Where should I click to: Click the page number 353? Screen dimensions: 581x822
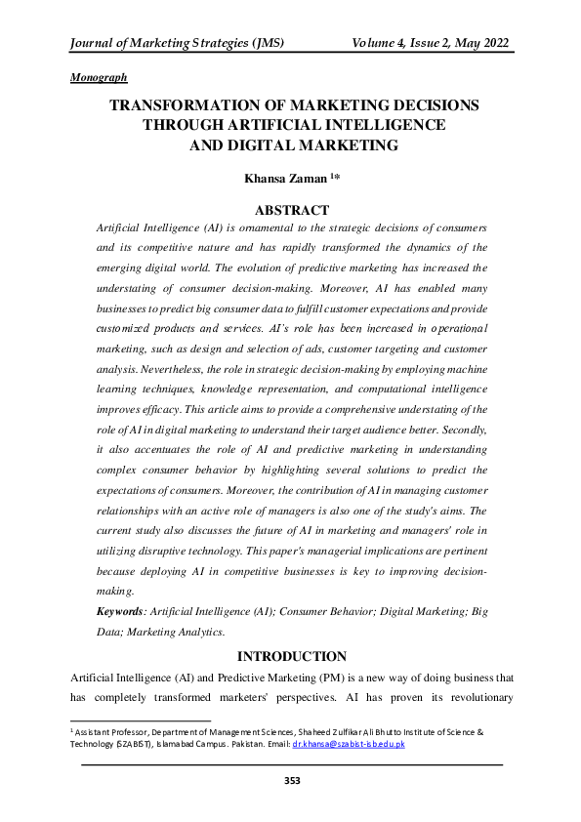point(290,780)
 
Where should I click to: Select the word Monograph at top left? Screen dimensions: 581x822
point(100,76)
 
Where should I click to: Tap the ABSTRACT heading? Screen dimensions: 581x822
point(290,209)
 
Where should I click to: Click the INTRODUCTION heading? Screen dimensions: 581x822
point(291,656)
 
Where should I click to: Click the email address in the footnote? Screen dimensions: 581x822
point(348,744)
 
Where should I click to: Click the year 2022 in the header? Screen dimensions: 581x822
point(493,44)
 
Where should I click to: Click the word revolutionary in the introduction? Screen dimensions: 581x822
point(461,697)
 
